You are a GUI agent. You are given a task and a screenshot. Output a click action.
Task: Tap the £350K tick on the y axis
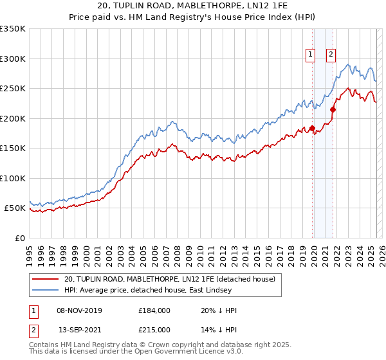click(13, 29)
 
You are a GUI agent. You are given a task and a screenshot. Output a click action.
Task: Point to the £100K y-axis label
click(13, 178)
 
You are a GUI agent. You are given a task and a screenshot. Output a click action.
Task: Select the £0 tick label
click(20, 238)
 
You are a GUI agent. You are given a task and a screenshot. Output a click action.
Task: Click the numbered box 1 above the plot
click(311, 55)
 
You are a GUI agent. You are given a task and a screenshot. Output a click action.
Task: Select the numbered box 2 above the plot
click(331, 55)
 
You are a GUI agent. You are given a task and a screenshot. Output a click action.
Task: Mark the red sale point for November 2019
click(312, 128)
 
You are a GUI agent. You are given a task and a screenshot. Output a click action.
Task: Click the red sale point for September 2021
click(333, 110)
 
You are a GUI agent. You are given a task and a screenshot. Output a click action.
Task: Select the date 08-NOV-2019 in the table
click(79, 310)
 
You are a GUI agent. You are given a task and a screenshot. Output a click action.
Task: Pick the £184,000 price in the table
click(154, 310)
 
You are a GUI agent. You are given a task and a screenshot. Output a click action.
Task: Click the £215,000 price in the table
click(154, 330)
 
